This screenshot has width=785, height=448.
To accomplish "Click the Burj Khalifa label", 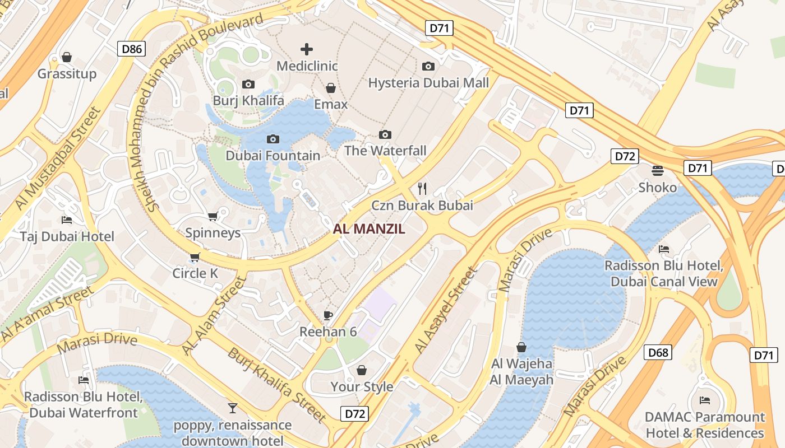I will [248, 101].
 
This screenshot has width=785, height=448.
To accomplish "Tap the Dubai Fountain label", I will [273, 155].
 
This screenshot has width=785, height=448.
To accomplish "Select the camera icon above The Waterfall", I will [385, 134].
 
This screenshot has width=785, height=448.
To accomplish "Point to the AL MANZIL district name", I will [369, 228].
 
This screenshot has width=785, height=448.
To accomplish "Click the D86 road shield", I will [132, 49].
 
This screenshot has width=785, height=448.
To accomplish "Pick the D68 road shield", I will [658, 352].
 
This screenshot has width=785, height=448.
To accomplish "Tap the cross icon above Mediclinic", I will [307, 49].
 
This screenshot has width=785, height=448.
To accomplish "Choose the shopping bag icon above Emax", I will [331, 88].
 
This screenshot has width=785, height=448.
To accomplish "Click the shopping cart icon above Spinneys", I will [213, 216].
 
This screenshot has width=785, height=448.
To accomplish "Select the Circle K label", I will [195, 273].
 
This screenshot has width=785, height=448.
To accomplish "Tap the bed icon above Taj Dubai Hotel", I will [67, 220].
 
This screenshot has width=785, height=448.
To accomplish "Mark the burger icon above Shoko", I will [658, 170].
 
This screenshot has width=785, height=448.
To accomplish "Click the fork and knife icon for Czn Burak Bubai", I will [422, 188].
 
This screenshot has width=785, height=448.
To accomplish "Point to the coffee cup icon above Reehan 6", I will [328, 315].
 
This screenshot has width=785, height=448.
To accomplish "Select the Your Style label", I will [362, 386].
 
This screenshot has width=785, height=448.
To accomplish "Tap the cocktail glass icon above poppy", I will [232, 408].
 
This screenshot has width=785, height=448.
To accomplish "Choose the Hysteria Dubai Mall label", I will [428, 83].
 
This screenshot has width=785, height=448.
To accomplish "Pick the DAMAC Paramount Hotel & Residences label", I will [705, 425].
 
